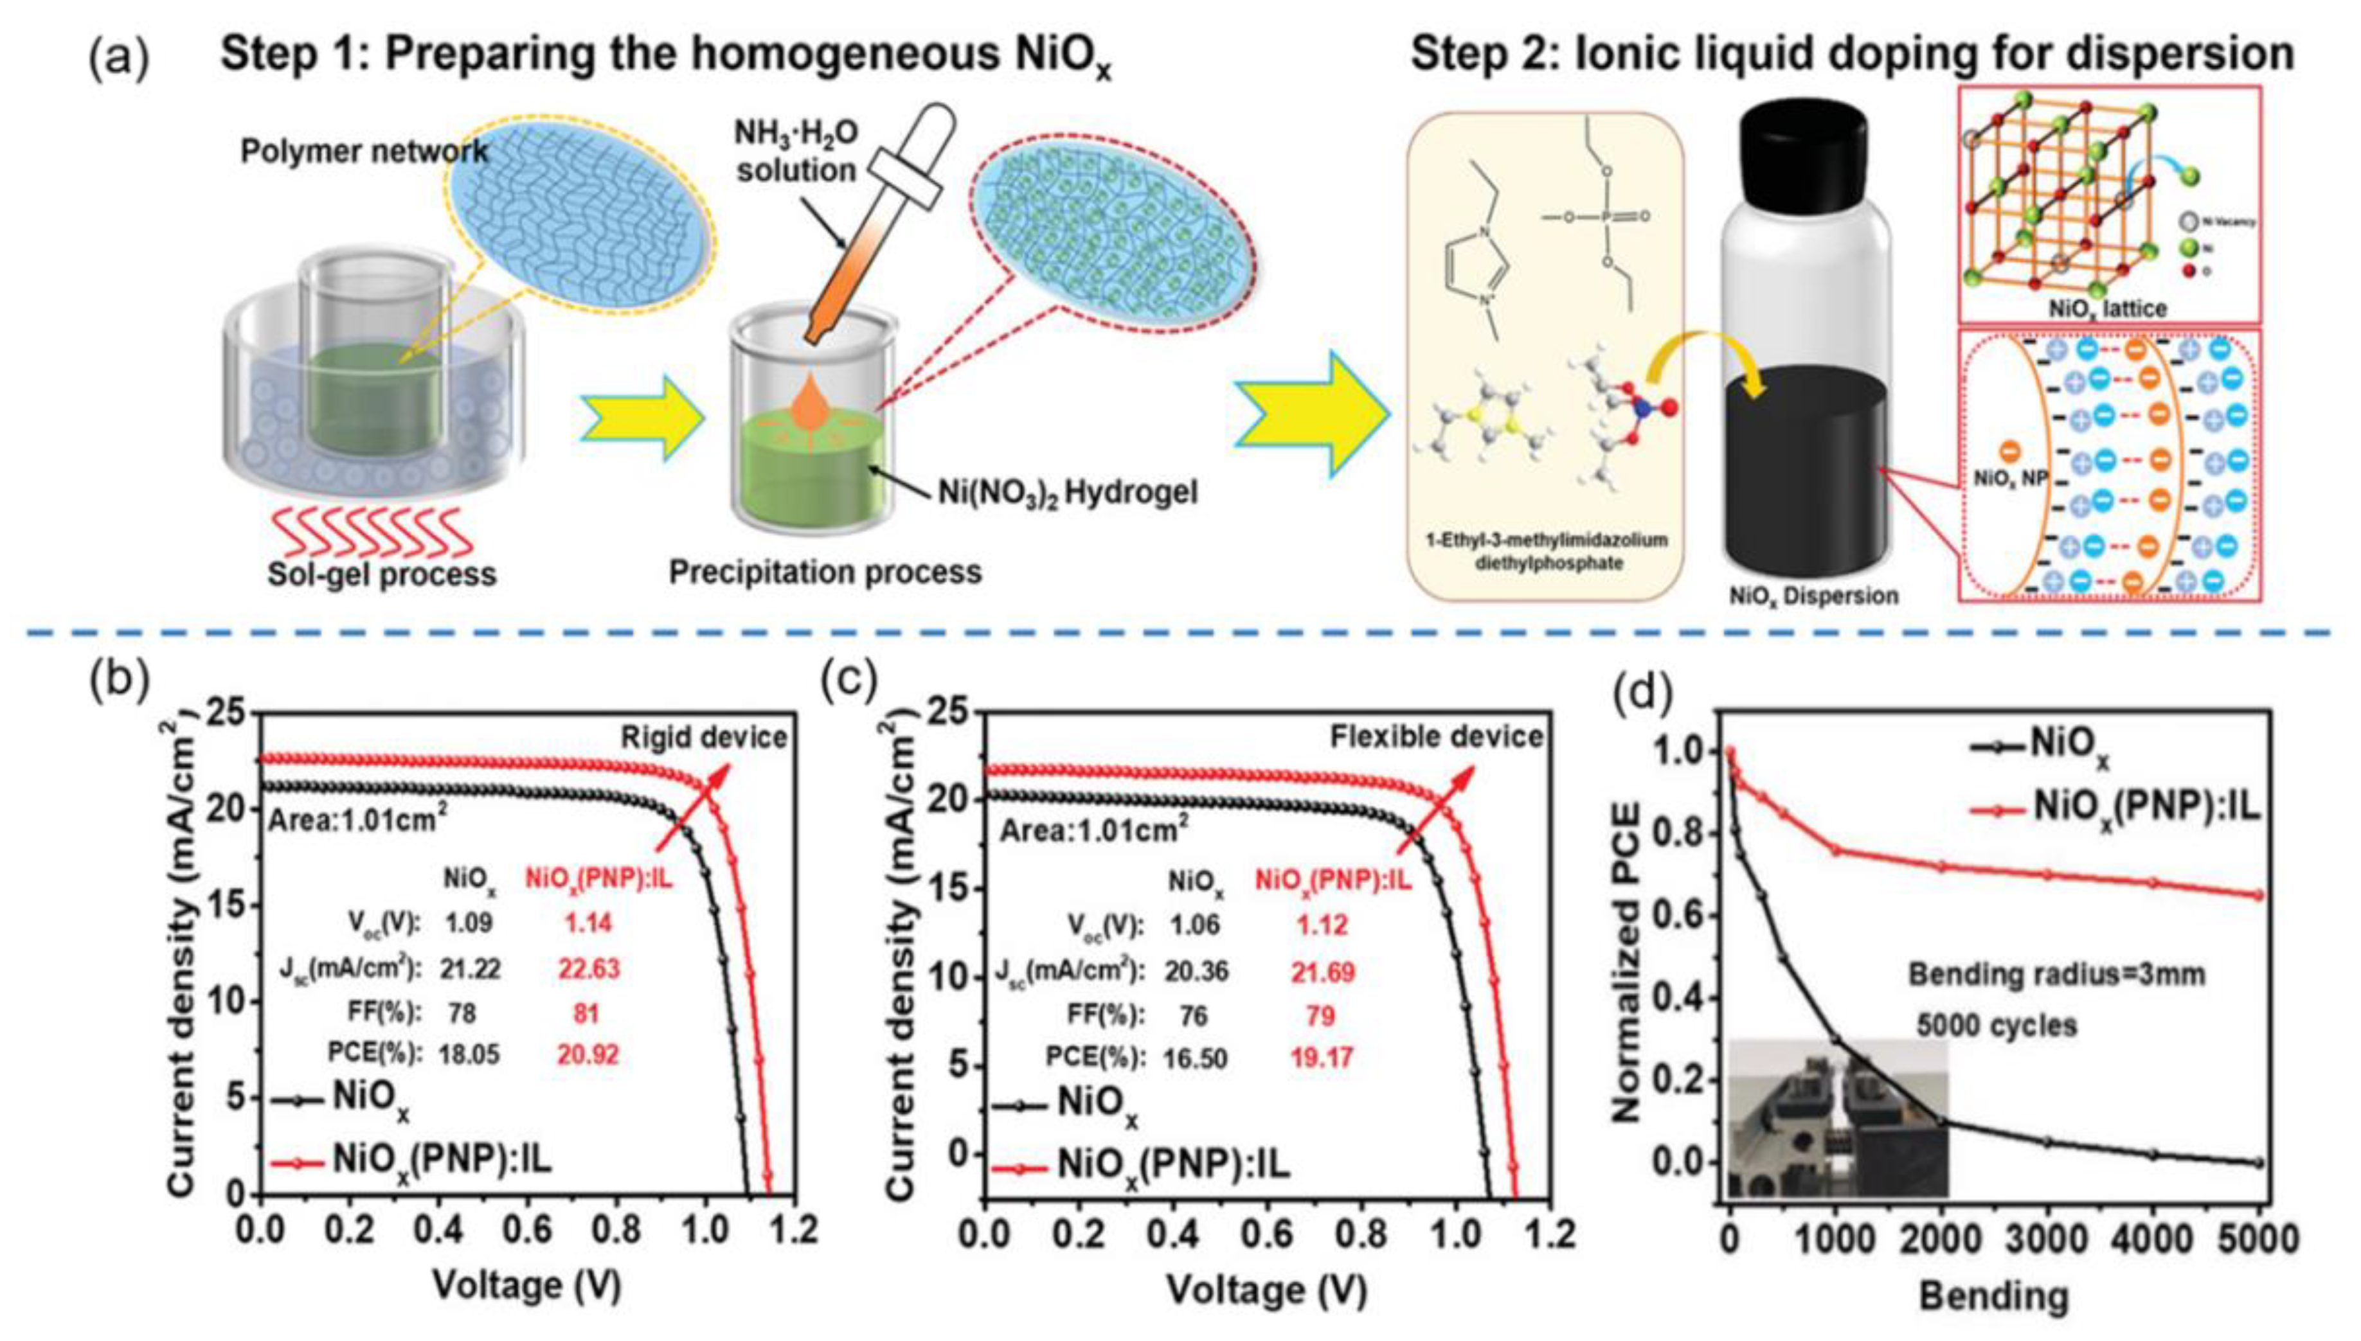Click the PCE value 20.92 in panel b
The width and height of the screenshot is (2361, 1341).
pos(588,1054)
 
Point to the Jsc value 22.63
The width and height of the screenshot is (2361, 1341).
pos(588,968)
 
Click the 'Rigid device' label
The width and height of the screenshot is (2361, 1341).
pos(704,737)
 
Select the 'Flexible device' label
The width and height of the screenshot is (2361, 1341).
pos(1436,736)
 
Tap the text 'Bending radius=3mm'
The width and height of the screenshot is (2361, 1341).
pos(2056,973)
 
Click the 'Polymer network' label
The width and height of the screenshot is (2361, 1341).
pos(364,151)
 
